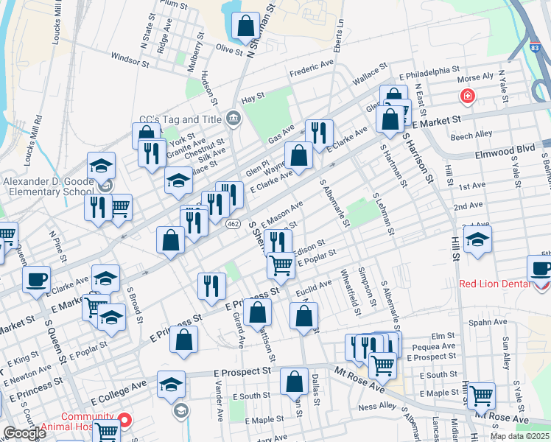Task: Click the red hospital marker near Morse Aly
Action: (466, 96)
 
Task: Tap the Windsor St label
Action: (130, 56)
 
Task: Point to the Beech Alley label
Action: (471, 136)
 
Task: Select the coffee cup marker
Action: (36, 279)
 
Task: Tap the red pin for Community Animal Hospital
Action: (124, 421)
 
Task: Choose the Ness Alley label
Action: (376, 407)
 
